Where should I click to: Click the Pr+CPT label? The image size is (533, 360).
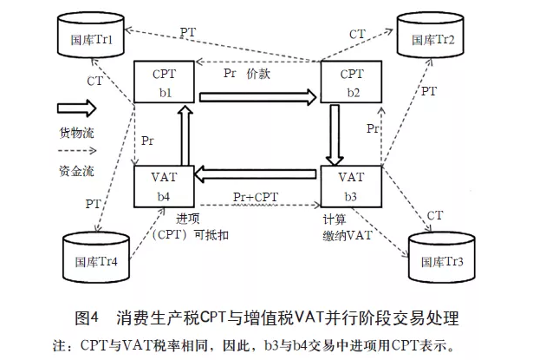coord(256,197)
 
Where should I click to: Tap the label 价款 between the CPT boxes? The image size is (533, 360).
coord(261,74)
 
